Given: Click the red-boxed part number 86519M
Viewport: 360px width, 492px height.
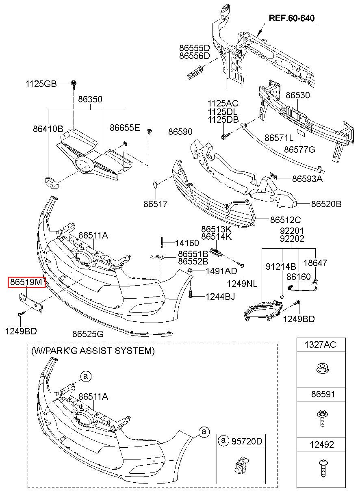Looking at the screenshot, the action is click(x=26, y=282).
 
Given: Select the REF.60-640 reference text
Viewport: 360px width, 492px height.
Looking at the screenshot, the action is click(x=292, y=18).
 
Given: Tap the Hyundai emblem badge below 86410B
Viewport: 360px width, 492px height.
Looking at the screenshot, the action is click(x=52, y=183).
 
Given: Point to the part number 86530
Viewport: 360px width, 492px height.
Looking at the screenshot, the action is click(x=297, y=95).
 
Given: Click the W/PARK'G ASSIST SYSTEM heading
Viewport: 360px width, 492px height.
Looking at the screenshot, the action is click(x=93, y=351).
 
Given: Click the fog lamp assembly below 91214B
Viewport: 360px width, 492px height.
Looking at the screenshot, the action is click(x=263, y=310).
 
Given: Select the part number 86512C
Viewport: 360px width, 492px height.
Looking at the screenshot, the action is click(x=285, y=220).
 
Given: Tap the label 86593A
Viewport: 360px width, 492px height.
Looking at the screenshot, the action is click(x=307, y=179).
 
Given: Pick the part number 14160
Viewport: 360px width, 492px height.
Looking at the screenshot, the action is click(x=187, y=243).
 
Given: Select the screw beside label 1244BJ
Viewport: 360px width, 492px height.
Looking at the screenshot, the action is click(x=191, y=294).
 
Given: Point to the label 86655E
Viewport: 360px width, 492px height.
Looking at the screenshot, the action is click(x=125, y=128).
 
